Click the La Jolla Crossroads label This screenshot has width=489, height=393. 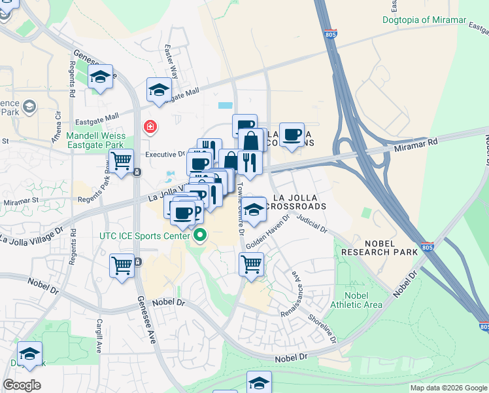tap(299, 202)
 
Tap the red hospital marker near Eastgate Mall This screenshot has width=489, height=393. tap(150, 126)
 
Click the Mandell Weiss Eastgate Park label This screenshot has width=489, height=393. tap(95, 140)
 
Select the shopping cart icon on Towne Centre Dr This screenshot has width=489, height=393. tap(252, 265)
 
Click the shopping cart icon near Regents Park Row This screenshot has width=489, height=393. tap(122, 160)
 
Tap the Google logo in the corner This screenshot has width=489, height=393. tap(22, 384)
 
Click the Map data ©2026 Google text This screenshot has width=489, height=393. tap(448, 388)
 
